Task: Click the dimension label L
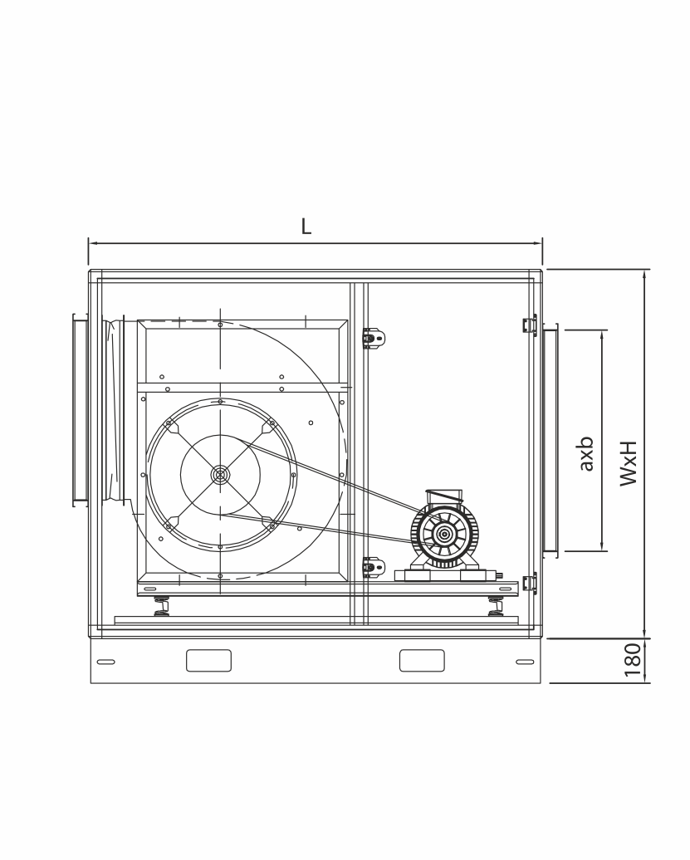tap(306, 226)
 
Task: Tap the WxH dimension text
tap(629, 463)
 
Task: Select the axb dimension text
tap(585, 453)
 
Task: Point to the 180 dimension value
tap(633, 660)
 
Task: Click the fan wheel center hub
tap(221, 475)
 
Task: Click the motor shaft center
tap(443, 533)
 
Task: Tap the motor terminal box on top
tap(445, 496)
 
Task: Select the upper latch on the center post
tap(374, 339)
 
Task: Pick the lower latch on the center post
tap(374, 567)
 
